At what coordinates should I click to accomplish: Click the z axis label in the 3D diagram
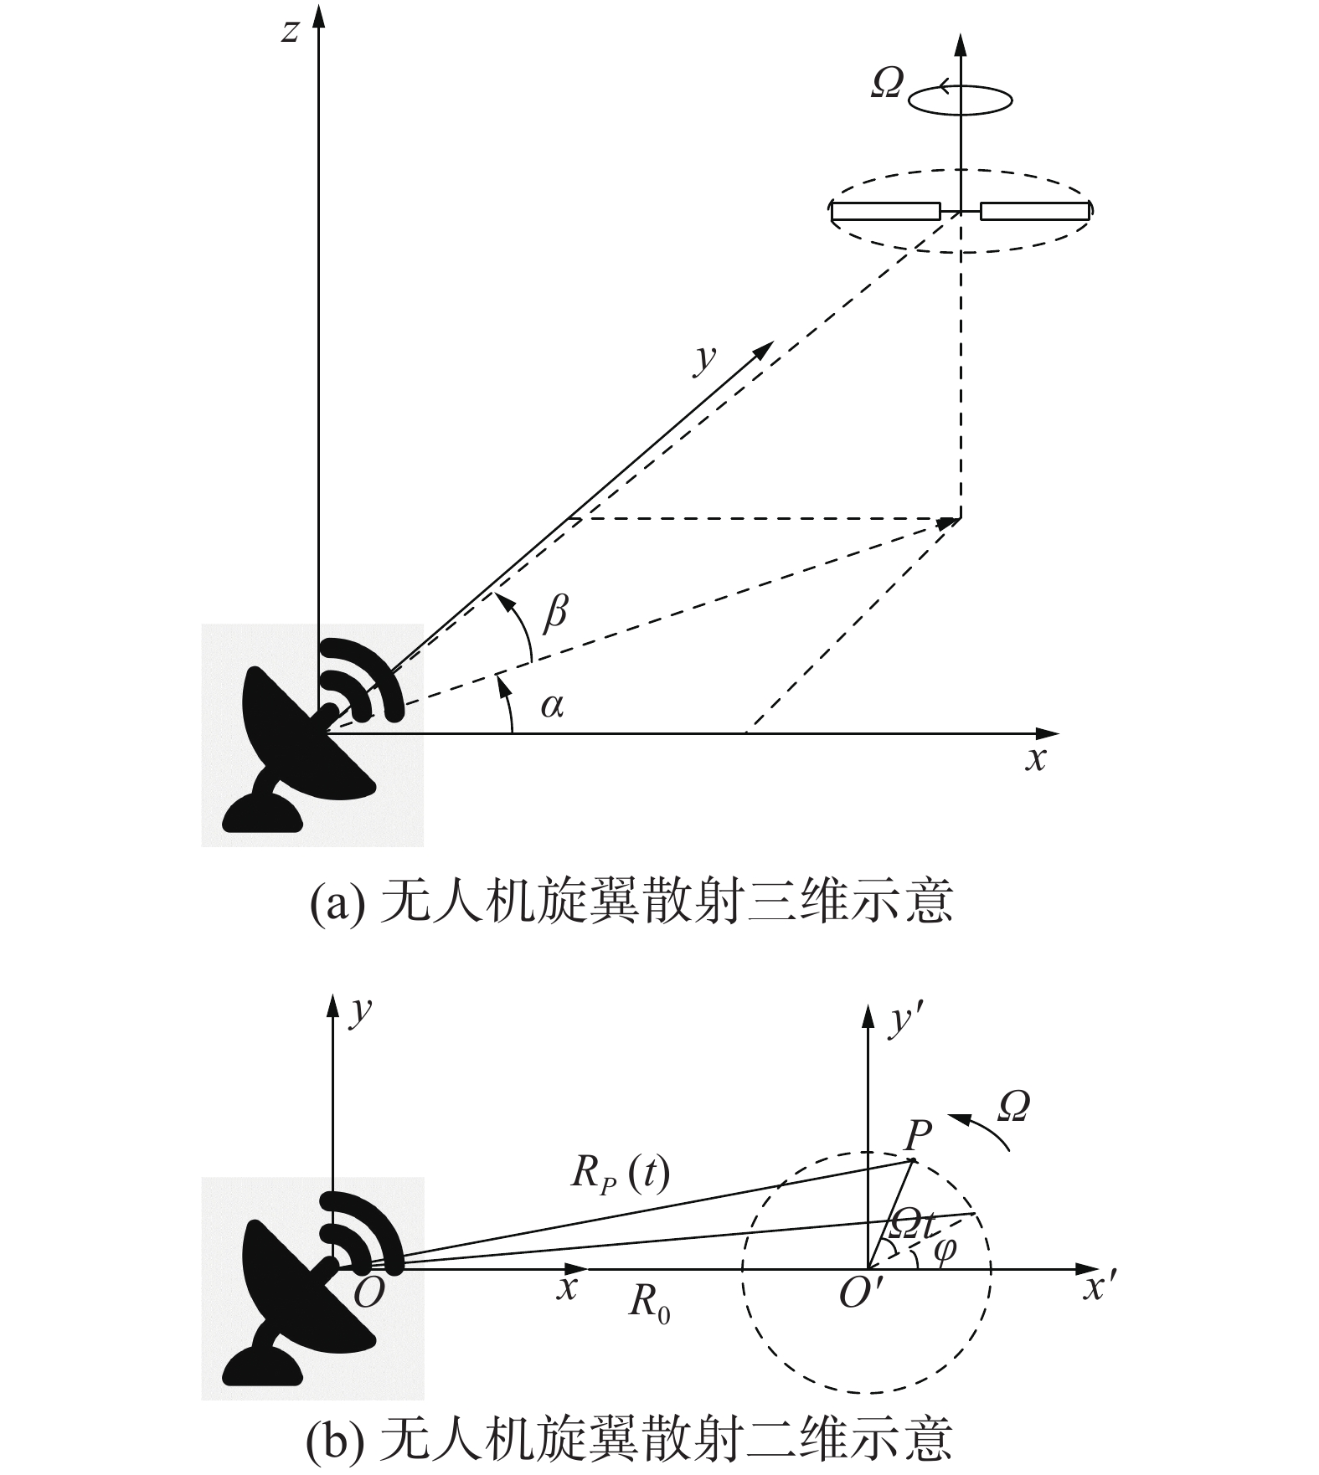click(290, 32)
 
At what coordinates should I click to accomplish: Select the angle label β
click(555, 611)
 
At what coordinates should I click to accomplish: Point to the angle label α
click(552, 706)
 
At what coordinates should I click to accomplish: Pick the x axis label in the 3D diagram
click(1036, 758)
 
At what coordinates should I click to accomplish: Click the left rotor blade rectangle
click(886, 211)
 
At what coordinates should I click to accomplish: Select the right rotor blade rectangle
click(1035, 211)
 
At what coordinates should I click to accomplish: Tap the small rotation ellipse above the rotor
click(961, 100)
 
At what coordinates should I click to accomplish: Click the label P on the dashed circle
click(918, 1136)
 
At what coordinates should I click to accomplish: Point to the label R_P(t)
click(621, 1173)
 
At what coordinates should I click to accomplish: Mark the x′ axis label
click(1100, 1287)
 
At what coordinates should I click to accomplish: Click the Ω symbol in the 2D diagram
click(1014, 1108)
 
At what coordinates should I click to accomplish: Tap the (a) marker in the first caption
click(337, 903)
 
